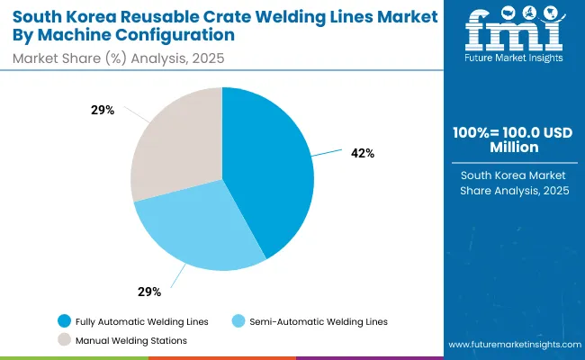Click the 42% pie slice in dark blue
pos(270,171)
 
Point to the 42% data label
pos(364,154)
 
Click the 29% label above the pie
pos(102,110)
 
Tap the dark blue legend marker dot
pos(64,321)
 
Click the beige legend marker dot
pos(64,340)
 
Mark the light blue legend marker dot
pos(238,321)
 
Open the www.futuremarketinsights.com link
pos(510,345)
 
